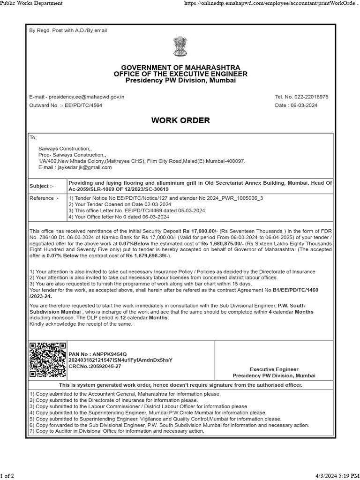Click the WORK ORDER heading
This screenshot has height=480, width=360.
(180, 120)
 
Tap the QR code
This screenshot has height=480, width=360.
(47, 360)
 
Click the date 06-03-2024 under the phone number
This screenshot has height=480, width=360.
(304, 105)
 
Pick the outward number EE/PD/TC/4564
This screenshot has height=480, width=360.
(82, 105)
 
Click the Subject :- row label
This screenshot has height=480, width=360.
(42, 186)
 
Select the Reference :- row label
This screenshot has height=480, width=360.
(45, 198)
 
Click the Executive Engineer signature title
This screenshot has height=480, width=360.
(274, 369)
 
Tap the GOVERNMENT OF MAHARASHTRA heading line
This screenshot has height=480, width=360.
(180, 68)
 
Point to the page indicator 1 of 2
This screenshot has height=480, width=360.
(7, 476)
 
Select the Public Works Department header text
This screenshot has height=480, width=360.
(31, 4)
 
